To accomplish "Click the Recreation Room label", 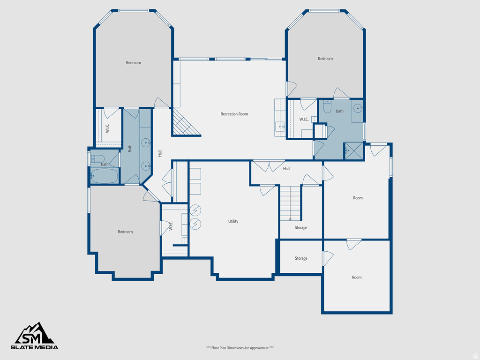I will [x=234, y=114].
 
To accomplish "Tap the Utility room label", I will [x=233, y=221].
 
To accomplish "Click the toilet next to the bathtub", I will [x=97, y=158].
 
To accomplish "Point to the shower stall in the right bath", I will [x=354, y=150].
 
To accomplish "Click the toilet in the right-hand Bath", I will [x=327, y=107].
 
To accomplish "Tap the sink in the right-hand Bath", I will [x=358, y=109].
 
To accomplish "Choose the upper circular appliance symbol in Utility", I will [x=195, y=210].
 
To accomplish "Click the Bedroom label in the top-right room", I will [x=325, y=59].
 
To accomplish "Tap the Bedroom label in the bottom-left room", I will [x=125, y=232].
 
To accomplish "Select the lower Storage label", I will [x=301, y=258].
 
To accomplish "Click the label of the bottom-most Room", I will [x=357, y=277].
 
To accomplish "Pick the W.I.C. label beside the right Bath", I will [x=304, y=119].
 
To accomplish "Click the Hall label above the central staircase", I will [x=286, y=168].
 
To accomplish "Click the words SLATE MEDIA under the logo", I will [x=35, y=347].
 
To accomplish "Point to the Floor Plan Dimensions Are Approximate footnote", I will [x=240, y=348].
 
